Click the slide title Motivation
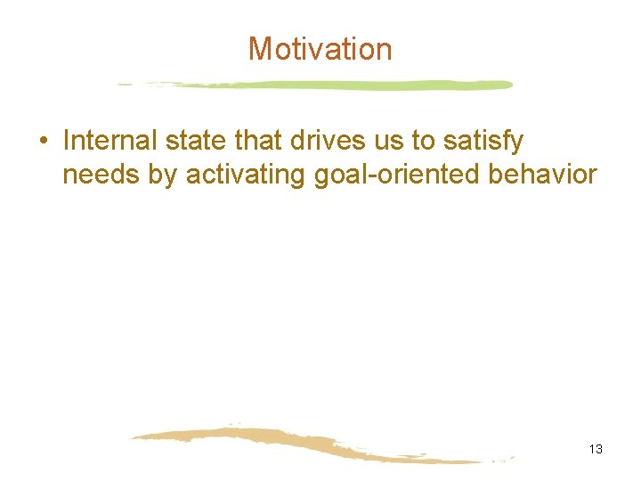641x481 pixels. [320, 48]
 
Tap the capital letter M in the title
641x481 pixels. [260, 48]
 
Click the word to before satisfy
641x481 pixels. [418, 141]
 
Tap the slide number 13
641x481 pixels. [596, 449]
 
